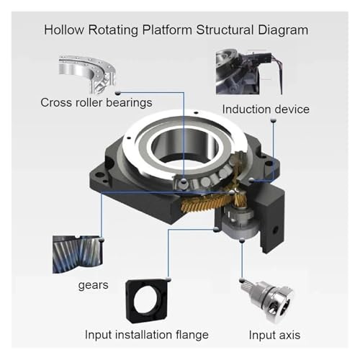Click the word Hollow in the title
64,30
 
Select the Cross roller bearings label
96,103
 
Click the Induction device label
266,109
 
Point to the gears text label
93,285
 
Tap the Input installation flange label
147,335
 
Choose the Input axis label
274,335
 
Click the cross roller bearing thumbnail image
87,74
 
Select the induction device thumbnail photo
249,71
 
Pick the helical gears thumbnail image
78,254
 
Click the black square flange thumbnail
147,300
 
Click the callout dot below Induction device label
273,120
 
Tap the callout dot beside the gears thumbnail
102,240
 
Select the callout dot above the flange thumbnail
168,279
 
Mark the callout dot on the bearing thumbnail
117,93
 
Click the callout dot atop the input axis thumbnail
242,280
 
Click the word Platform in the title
167,30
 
